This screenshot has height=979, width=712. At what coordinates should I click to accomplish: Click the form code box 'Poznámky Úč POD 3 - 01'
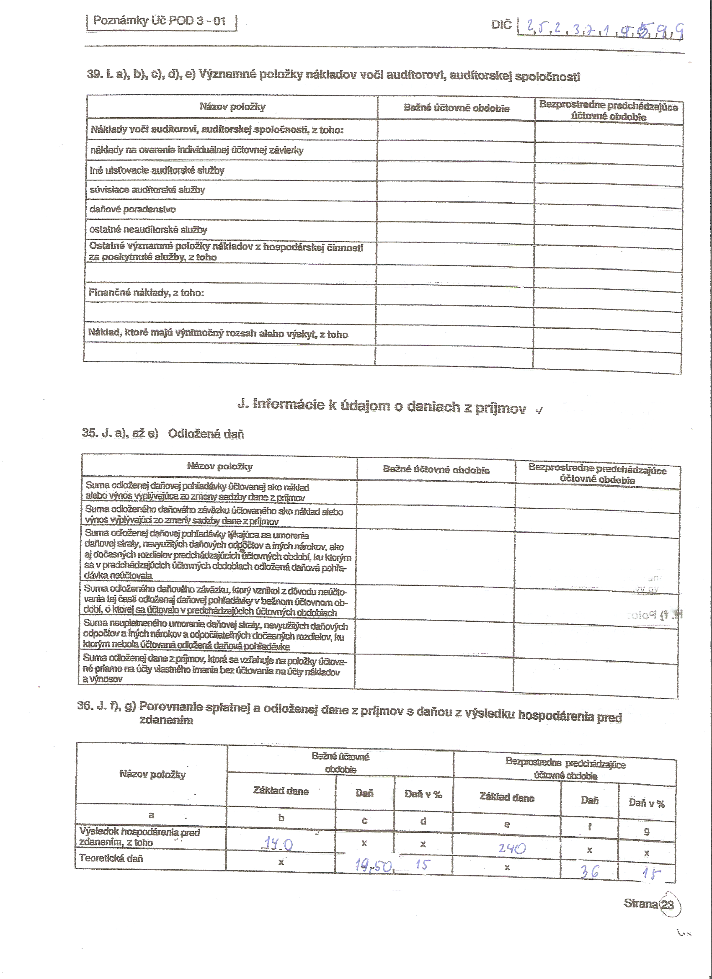click(160, 21)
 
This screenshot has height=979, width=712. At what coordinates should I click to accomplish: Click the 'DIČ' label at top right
click(501, 25)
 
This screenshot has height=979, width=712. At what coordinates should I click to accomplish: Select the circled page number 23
click(668, 904)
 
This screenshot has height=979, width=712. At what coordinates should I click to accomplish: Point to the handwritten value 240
click(512, 849)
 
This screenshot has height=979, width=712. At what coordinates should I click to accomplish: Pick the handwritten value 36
click(589, 871)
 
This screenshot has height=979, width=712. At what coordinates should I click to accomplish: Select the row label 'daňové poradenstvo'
click(132, 209)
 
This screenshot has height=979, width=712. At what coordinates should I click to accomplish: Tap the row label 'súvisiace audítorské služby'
click(147, 190)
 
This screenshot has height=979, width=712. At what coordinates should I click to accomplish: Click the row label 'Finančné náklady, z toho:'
click(146, 293)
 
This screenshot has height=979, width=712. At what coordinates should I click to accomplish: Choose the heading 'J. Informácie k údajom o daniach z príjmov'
click(382, 406)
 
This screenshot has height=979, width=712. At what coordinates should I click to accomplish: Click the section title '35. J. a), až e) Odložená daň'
click(163, 433)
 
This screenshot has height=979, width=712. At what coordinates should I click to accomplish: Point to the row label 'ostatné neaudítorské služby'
click(148, 229)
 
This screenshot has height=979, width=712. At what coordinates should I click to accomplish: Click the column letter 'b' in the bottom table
click(281, 817)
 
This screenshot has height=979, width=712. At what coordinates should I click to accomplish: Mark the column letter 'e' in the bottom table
click(507, 824)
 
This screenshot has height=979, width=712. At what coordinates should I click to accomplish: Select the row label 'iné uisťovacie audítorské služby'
click(157, 170)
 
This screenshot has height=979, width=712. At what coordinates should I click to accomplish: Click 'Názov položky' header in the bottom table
click(152, 774)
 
